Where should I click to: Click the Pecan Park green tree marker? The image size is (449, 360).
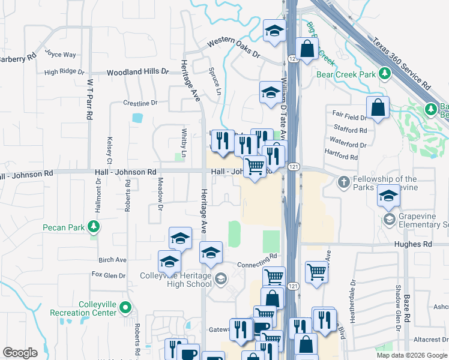click(x=93, y=227)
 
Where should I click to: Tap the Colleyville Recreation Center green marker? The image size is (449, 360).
click(x=125, y=308)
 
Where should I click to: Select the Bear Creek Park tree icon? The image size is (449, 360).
click(x=384, y=74)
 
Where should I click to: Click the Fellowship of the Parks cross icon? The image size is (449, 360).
click(x=343, y=181)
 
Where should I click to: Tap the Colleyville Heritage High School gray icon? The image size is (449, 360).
click(x=221, y=278)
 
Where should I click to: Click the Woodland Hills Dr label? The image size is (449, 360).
click(x=137, y=72)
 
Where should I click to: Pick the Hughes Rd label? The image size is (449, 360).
click(x=413, y=245)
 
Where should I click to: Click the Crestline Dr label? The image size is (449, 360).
click(x=140, y=103)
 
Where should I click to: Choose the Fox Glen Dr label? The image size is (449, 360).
click(x=109, y=275)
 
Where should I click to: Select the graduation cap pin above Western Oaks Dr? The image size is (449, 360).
click(x=274, y=31)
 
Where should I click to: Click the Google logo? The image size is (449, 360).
click(x=20, y=353)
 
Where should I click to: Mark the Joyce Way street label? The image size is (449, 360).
click(x=61, y=54)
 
